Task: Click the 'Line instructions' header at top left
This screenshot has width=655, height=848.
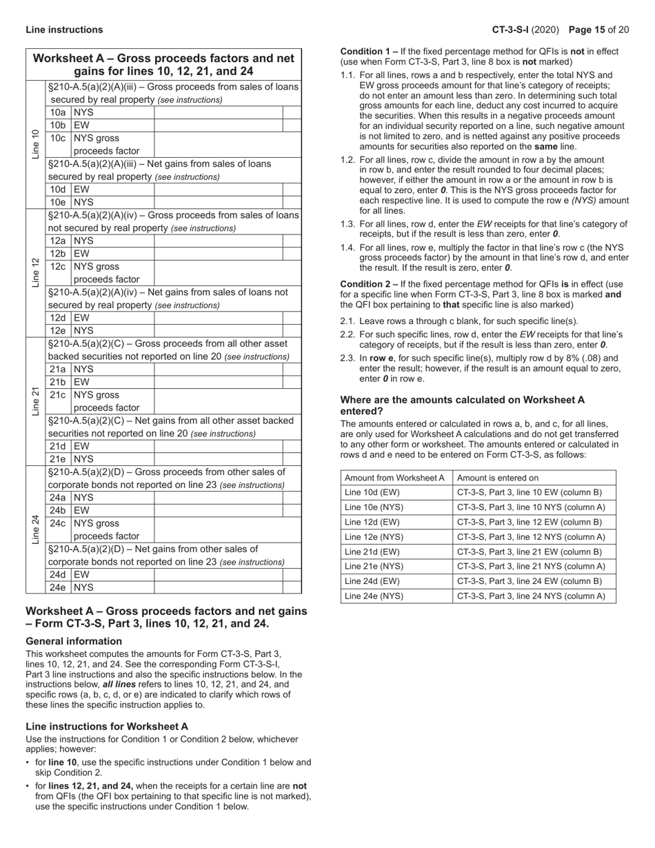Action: point(64,30)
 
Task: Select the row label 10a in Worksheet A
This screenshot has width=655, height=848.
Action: point(58,112)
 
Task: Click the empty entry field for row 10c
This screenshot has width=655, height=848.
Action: point(218,144)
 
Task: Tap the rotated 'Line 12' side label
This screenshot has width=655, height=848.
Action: point(36,272)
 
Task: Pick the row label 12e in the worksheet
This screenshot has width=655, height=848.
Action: point(58,330)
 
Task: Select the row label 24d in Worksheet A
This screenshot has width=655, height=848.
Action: point(58,574)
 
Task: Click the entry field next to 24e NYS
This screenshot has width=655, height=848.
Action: point(218,587)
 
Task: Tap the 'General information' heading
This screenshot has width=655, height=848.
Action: point(74,641)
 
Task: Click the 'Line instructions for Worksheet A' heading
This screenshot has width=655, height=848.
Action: point(107,727)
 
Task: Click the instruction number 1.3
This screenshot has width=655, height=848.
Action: point(347,224)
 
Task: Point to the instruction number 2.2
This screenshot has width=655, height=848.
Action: point(347,334)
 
